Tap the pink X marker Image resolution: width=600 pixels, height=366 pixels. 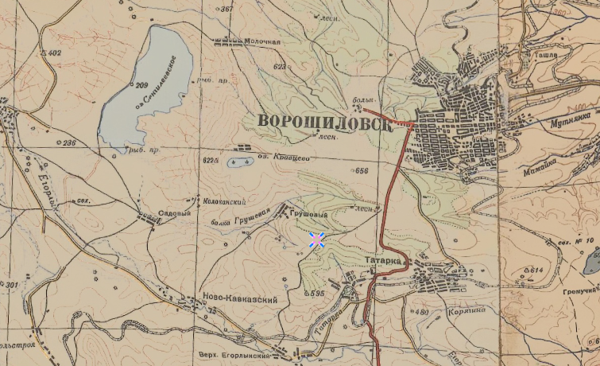coord(316,239)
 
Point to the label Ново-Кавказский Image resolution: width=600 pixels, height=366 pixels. coord(239,300)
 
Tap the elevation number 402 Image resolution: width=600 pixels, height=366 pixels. coord(54,53)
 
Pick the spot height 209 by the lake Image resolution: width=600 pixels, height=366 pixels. coord(141,85)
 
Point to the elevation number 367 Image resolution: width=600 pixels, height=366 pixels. coord(227,10)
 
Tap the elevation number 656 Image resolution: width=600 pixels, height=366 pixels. coord(363,171)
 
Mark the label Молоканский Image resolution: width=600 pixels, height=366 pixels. coord(223,202)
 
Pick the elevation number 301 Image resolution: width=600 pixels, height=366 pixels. coord(10,284)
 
